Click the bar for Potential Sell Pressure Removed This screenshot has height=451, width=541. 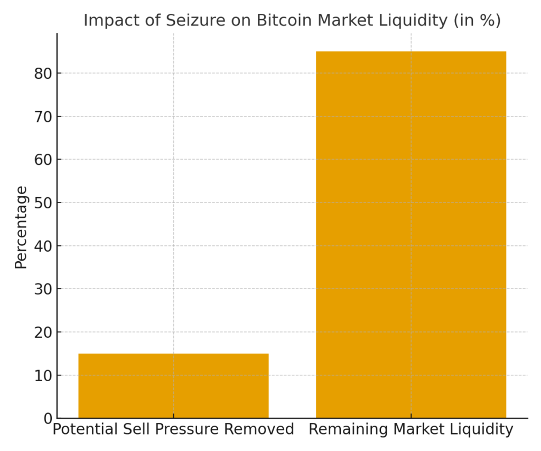[173, 385]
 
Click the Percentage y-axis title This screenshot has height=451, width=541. [21, 227]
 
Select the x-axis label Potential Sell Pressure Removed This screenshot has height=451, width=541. [173, 430]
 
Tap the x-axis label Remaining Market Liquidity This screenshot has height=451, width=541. [411, 430]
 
